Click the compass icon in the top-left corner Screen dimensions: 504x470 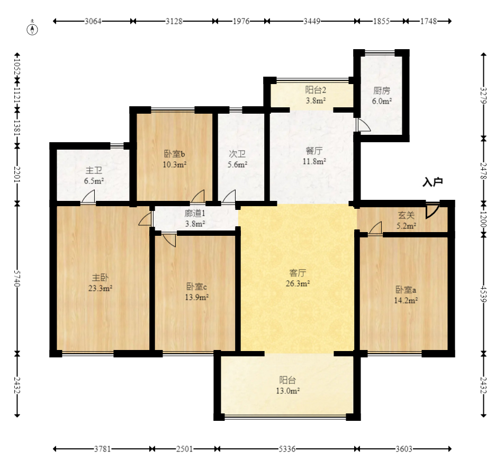pyautogui.click(x=32, y=30)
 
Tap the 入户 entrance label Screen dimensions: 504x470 pyautogui.click(x=433, y=182)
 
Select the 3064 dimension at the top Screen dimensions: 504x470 pyautogui.click(x=93, y=21)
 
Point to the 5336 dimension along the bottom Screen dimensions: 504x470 pyautogui.click(x=287, y=448)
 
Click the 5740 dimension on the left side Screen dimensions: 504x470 pyautogui.click(x=17, y=278)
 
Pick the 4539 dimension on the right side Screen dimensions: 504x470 pyautogui.click(x=483, y=294)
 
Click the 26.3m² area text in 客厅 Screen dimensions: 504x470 pyautogui.click(x=298, y=283)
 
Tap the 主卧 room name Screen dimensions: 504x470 pyautogui.click(x=100, y=278)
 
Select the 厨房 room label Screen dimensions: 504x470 pyautogui.click(x=382, y=90)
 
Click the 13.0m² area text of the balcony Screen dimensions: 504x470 pyautogui.click(x=287, y=391)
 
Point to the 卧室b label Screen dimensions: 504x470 pyautogui.click(x=175, y=154)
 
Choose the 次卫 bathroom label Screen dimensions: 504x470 pyautogui.click(x=237, y=154)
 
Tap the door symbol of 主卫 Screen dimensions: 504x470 pyautogui.click(x=88, y=196)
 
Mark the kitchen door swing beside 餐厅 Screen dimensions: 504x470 pyautogui.click(x=363, y=125)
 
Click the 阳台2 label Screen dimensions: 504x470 pyautogui.click(x=316, y=90)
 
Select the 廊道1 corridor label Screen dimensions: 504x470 pyautogui.click(x=195, y=213)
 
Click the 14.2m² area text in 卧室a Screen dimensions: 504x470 pyautogui.click(x=406, y=300)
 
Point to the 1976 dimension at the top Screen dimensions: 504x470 pyautogui.click(x=241, y=21)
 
